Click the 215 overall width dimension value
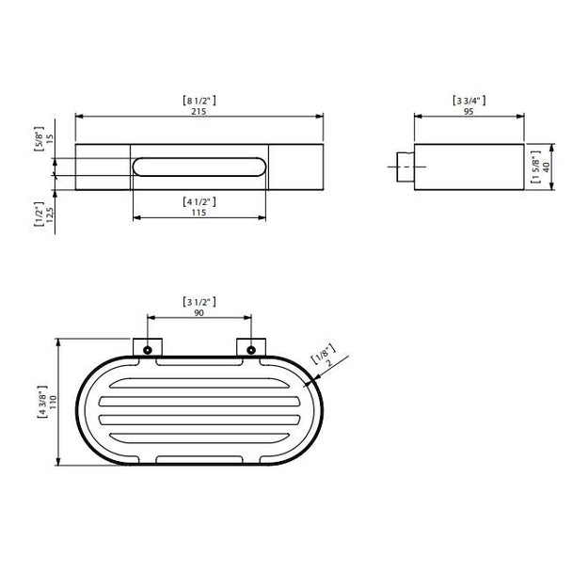click(x=199, y=111)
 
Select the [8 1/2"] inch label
click(x=199, y=101)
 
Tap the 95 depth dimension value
click(x=469, y=111)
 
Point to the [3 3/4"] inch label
click(x=469, y=101)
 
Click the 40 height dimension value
click(x=546, y=167)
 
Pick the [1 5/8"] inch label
click(x=535, y=167)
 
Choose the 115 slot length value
click(x=199, y=213)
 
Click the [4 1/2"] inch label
click(x=199, y=201)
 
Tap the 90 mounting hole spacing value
click(x=199, y=313)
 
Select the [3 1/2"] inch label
click(x=199, y=302)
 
